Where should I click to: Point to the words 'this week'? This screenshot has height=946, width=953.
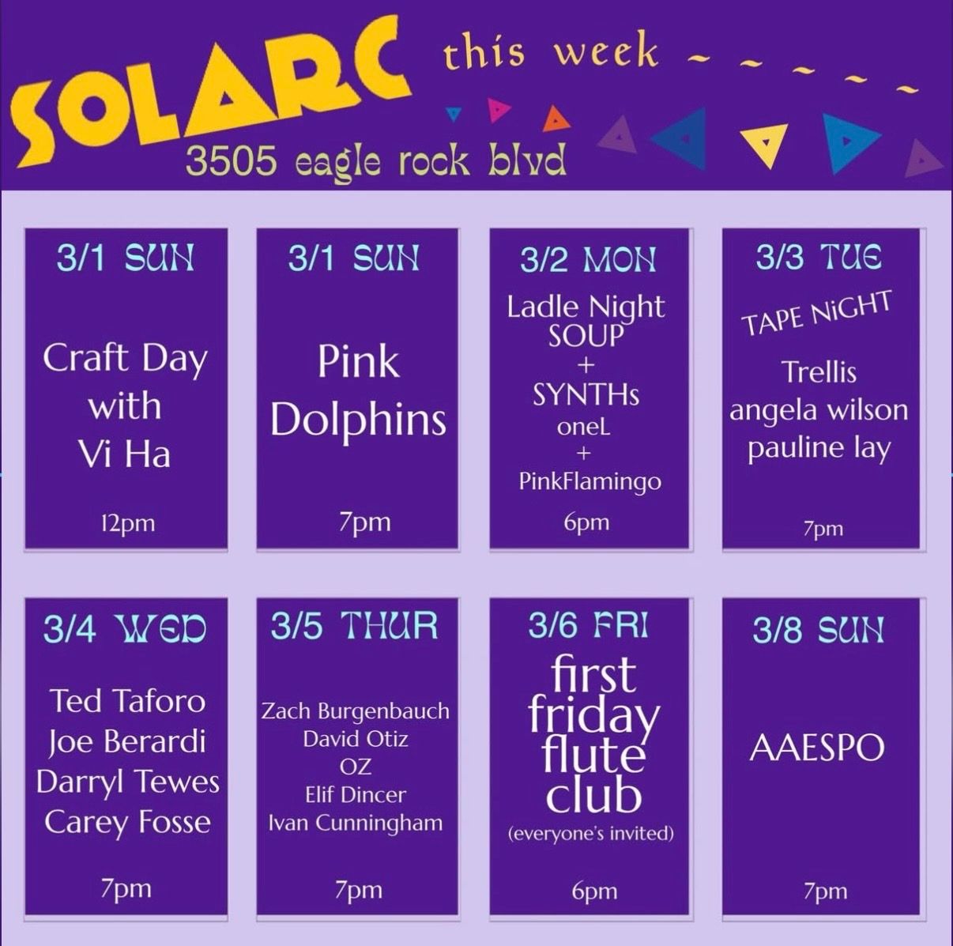(551, 51)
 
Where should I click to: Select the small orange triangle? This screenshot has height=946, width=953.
(556, 119)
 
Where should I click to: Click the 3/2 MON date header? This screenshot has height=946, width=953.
(589, 259)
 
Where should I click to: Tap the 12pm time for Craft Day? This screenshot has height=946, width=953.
(126, 522)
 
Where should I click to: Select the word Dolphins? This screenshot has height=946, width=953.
(358, 419)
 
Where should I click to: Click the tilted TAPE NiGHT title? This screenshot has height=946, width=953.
(817, 313)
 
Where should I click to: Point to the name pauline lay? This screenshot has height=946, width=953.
(819, 447)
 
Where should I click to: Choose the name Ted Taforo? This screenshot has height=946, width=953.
(127, 700)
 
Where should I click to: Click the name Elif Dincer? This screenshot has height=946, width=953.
(356, 794)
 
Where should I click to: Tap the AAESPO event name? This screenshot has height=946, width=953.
(817, 748)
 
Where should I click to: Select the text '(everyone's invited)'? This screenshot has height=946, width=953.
(591, 833)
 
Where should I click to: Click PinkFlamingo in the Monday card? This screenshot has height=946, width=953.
(590, 481)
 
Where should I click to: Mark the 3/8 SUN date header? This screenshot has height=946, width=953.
(818, 630)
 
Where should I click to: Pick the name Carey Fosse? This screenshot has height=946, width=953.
(127, 822)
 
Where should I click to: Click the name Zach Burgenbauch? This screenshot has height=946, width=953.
(356, 710)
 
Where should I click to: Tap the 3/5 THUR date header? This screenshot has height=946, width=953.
(354, 626)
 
